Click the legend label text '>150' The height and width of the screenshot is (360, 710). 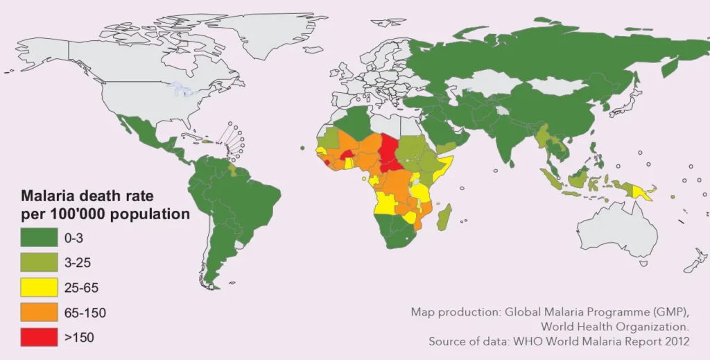pyautogui.click(x=78, y=338)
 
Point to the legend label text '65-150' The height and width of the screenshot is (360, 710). pyautogui.click(x=85, y=313)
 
